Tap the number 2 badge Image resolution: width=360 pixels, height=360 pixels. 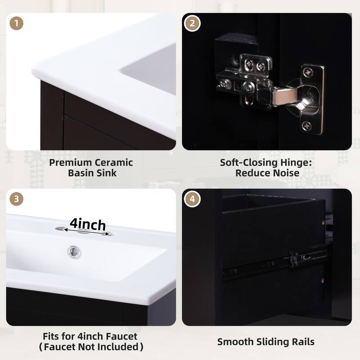(193, 23)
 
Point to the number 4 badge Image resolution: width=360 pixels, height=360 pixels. (193, 199)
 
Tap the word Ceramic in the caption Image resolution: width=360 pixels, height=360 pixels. (115, 162)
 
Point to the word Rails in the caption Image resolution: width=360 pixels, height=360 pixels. (301, 342)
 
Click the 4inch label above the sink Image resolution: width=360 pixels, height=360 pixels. (88, 224)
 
